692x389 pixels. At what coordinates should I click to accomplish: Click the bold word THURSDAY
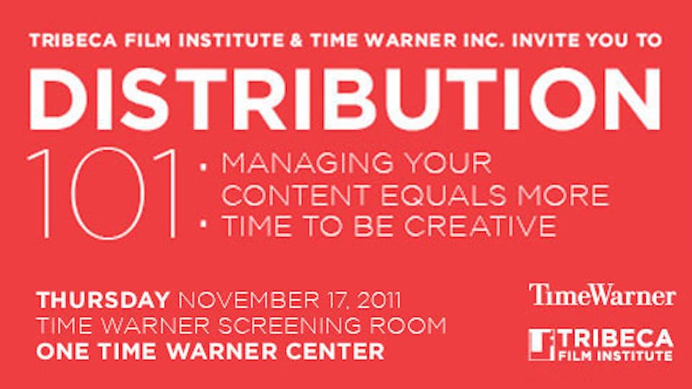(103, 300)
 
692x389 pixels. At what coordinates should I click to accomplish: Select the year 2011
(371, 300)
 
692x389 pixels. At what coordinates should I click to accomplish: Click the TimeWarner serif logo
(602, 295)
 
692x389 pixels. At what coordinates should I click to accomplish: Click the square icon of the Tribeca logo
(541, 344)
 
